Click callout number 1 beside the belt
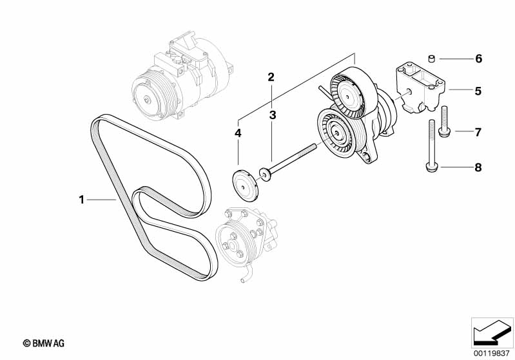point(82,200)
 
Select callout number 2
point(271,77)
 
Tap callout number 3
point(273,115)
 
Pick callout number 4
point(238,133)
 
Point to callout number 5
point(478,91)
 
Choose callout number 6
point(478,59)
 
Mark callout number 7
point(478,133)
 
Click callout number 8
point(478,168)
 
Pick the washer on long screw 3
point(264,173)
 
